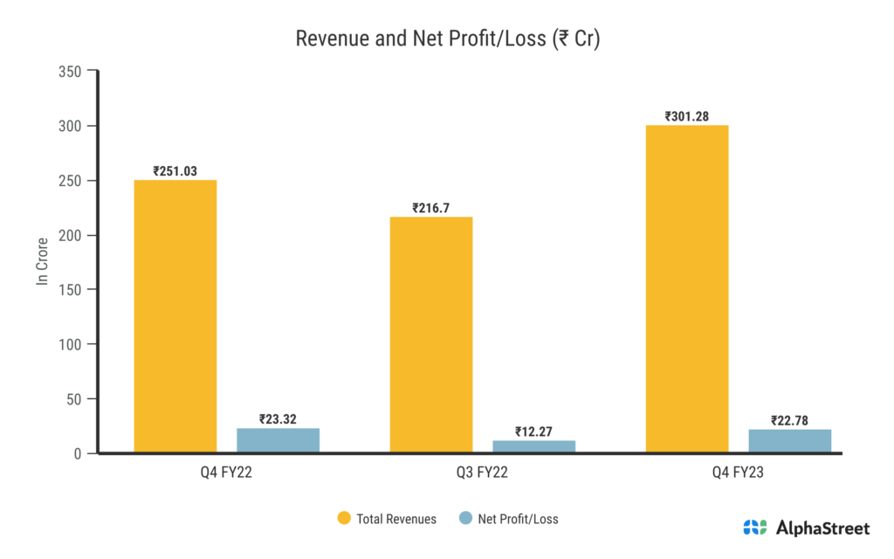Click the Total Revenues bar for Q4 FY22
(175, 316)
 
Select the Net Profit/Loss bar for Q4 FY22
(278, 440)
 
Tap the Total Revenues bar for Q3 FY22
(430, 335)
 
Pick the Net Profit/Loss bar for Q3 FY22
(533, 446)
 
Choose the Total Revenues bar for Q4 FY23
(686, 289)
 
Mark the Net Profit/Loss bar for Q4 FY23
(789, 441)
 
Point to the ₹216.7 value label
(430, 209)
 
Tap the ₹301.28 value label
(686, 116)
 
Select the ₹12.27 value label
(533, 431)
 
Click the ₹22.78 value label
(789, 421)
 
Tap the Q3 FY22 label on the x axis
(482, 473)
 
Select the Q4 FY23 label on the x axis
(738, 473)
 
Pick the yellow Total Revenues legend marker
(344, 519)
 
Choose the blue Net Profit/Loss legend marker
(464, 519)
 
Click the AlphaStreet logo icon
(755, 528)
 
